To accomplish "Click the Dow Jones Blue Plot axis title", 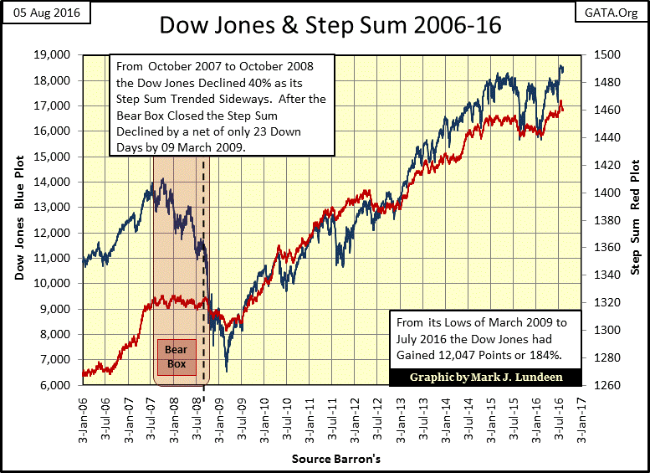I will click(x=20, y=219).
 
